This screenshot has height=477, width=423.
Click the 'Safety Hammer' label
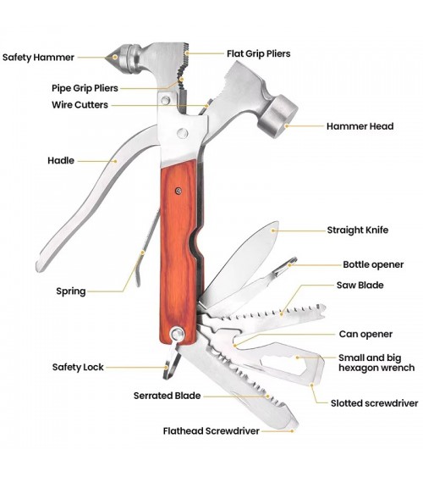38,58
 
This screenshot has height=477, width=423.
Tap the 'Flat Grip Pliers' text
258,54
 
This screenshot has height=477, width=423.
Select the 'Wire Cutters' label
80,105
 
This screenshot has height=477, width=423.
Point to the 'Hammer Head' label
360,126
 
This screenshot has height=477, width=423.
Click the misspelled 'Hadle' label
61,160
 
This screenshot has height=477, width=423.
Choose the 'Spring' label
71,291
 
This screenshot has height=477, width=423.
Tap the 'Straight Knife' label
357,230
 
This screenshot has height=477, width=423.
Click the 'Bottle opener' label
373,264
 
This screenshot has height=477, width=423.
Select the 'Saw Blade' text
360,285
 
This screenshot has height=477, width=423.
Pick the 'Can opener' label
365,335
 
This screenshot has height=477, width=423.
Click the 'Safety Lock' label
78,367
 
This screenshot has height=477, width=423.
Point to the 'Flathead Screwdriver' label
211,431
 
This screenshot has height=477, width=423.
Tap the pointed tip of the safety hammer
107,58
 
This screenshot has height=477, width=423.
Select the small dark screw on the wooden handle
179,191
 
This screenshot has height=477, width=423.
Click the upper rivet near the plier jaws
166,100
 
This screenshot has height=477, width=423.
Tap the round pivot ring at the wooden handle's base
177,334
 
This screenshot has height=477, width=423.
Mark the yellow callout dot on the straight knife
273,230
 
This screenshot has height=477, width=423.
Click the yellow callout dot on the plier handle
115,161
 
